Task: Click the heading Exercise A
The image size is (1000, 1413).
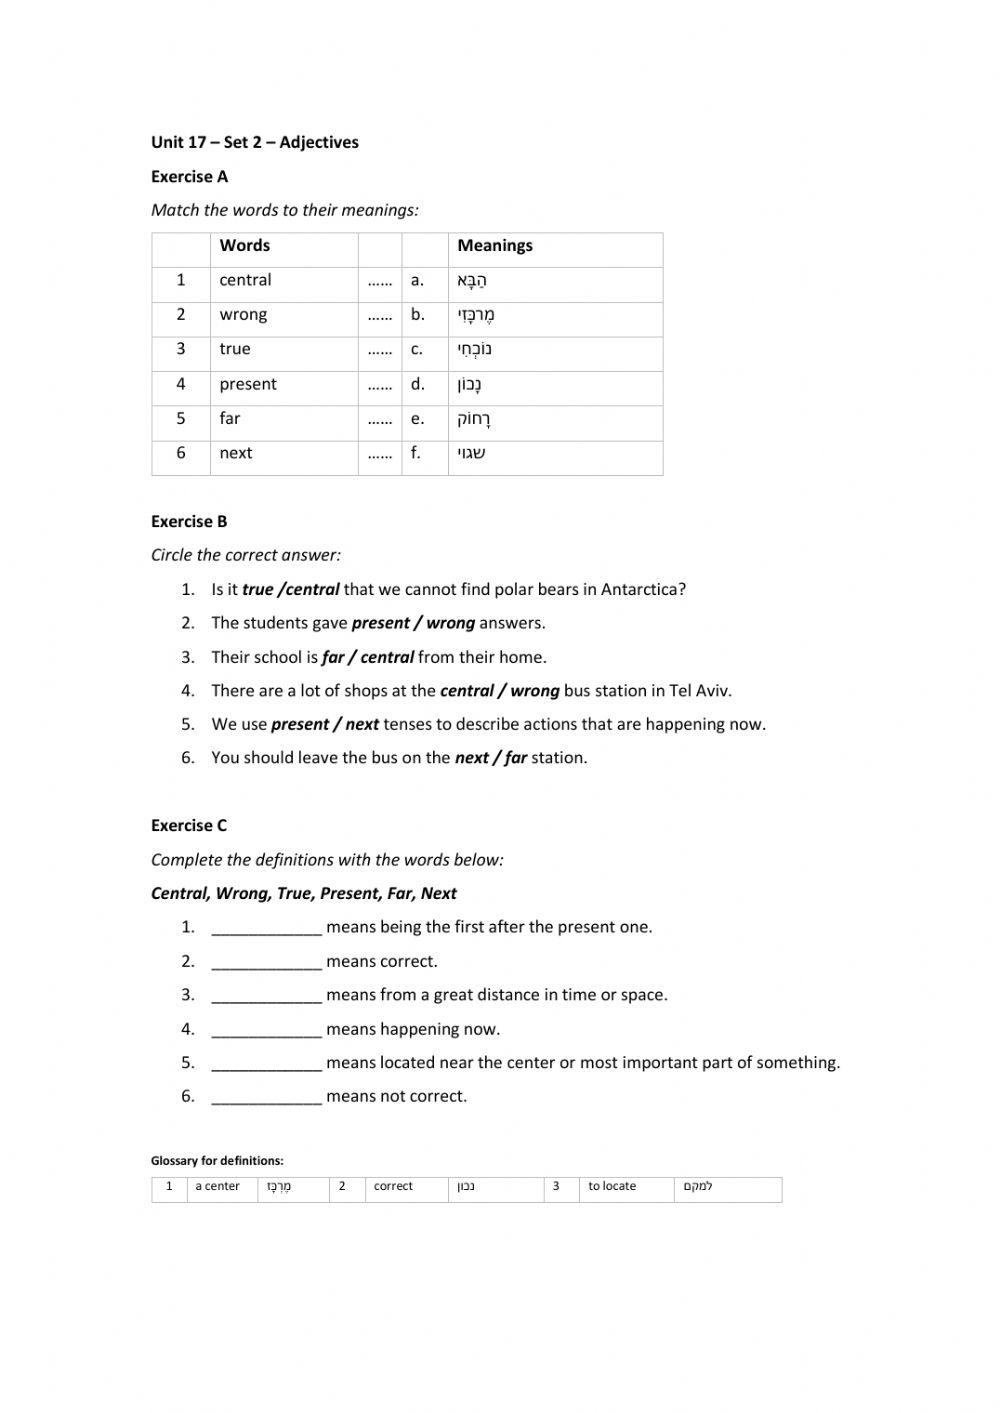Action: [189, 177]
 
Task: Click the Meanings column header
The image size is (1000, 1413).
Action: [494, 246]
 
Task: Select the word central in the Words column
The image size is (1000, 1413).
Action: [245, 280]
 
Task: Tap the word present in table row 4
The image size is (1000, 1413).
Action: [248, 384]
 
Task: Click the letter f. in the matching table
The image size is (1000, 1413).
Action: [415, 453]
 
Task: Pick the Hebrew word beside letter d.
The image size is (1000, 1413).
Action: [471, 385]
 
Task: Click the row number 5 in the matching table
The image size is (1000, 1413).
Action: [181, 419]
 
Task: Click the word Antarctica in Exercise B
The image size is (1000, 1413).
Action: [643, 589]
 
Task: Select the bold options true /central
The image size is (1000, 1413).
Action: [290, 589]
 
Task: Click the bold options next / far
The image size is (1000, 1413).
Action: [490, 758]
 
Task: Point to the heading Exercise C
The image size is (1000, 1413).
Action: [189, 826]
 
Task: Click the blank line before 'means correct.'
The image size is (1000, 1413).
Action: [266, 962]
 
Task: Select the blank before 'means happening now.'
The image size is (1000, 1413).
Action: [266, 1030]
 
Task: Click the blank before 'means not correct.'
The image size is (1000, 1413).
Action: [266, 1097]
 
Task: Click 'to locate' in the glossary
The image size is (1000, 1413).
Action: [612, 1187]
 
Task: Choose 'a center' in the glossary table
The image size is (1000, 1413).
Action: [217, 1187]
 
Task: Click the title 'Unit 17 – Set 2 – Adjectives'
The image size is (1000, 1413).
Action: [254, 143]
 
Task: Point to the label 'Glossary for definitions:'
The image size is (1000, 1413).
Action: [217, 1161]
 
